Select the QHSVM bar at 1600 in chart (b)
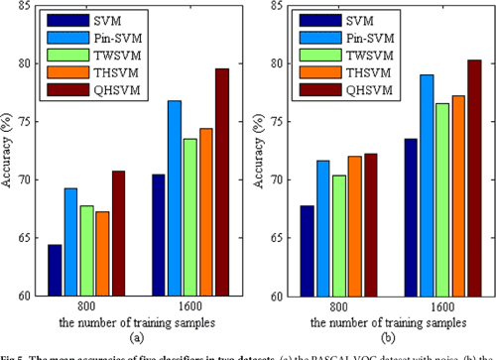coord(473,178)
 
